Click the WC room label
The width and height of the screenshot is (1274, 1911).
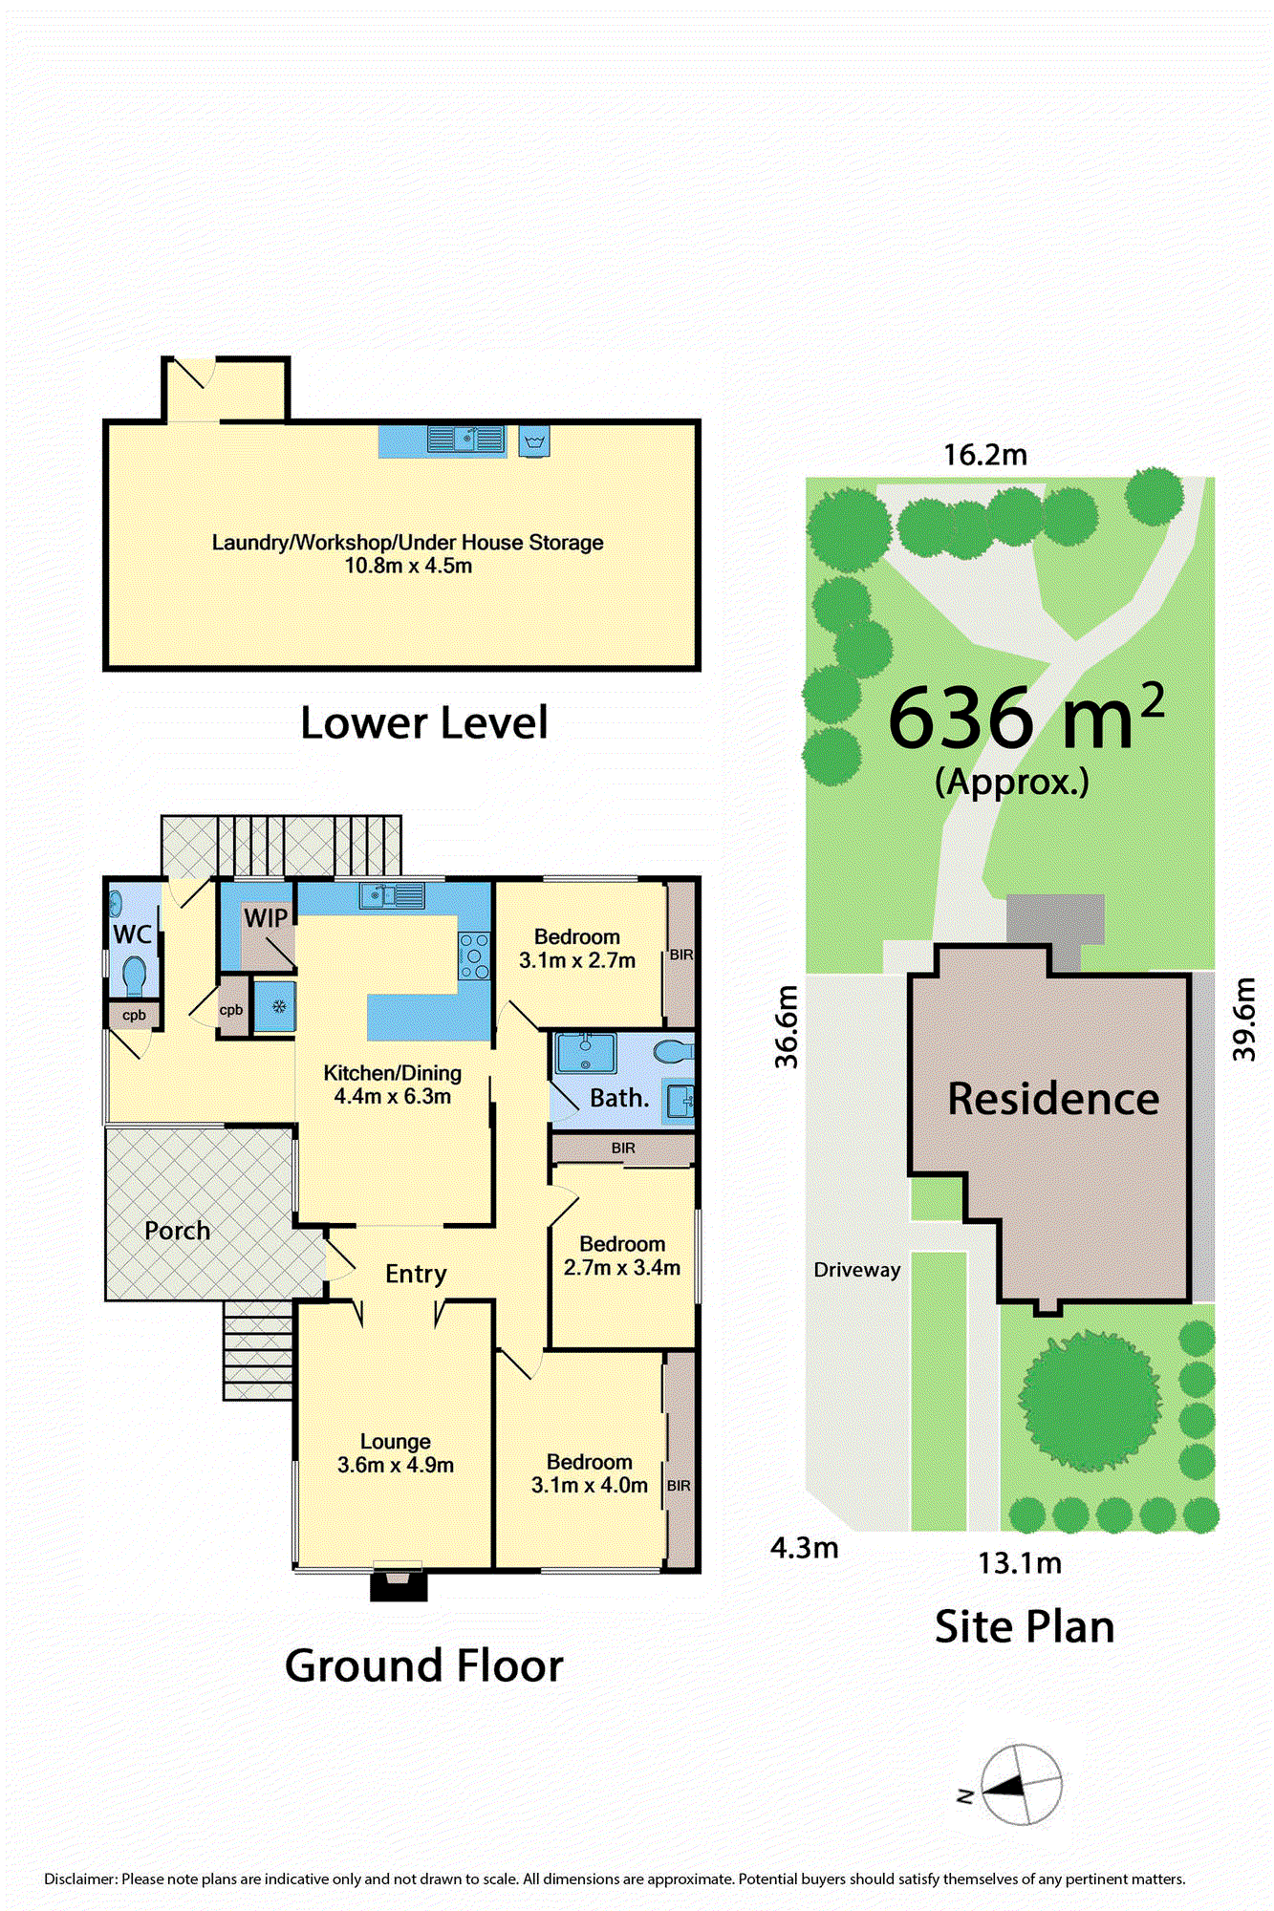pos(133,934)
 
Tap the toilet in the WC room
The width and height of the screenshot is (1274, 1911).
pos(134,977)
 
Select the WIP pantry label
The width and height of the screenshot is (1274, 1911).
pos(266,917)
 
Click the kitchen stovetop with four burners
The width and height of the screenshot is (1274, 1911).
pos(475,955)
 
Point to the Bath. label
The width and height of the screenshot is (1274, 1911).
pos(619,1098)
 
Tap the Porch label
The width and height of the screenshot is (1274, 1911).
pos(177,1231)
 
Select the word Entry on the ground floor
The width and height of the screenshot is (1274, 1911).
pos(416,1274)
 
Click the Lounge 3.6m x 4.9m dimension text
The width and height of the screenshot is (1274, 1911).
pos(396,1465)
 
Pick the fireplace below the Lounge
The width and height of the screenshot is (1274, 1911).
pos(399,1584)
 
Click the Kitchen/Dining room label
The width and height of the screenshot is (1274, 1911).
pos(393,1073)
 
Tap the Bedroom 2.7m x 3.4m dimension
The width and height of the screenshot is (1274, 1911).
pos(622,1268)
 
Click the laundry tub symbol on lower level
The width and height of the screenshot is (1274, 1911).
pos(534,442)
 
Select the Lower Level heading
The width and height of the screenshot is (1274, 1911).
pos(424,723)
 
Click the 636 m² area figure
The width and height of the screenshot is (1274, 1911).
pos(1026,716)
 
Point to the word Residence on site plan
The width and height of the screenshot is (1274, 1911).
pos(1053,1099)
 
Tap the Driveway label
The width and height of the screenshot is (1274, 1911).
pos(857,1270)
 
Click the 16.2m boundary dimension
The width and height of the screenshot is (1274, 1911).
pos(985,455)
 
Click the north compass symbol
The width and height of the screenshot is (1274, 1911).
pos(1021,1785)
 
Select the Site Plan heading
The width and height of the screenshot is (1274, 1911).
pos(1025,1627)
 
